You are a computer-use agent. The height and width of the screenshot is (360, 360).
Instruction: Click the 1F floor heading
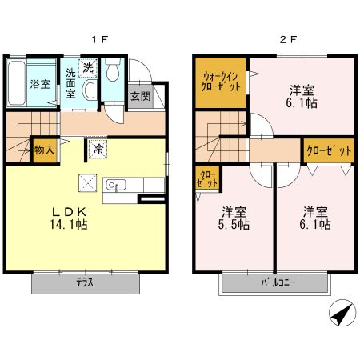(x=100, y=40)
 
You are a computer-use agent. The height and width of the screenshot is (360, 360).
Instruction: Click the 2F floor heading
(x=288, y=40)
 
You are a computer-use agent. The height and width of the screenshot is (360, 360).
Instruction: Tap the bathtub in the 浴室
(x=16, y=83)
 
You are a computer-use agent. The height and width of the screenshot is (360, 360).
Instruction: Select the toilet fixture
(x=113, y=70)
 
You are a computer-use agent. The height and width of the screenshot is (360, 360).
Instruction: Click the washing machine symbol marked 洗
(x=88, y=68)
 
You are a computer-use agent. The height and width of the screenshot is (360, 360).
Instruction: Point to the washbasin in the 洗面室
(x=90, y=90)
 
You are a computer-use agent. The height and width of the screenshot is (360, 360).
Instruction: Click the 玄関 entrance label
(x=141, y=96)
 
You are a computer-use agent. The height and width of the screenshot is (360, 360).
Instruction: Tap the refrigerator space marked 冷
(x=98, y=149)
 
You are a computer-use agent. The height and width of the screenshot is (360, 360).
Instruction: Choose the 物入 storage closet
(x=44, y=150)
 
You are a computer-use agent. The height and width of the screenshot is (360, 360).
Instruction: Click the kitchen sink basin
(x=116, y=185)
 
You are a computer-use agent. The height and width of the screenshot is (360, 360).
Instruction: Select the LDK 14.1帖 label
(x=69, y=218)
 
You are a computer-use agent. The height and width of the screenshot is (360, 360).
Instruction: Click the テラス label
(x=85, y=282)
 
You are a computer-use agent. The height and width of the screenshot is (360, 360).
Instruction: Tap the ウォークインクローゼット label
(x=221, y=82)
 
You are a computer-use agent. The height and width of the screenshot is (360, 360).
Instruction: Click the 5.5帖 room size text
(x=234, y=225)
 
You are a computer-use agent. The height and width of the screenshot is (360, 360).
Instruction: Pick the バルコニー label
(x=278, y=282)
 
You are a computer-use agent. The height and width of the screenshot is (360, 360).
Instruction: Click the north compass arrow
(x=342, y=313)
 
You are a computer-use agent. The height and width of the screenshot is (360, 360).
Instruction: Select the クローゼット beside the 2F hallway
(x=329, y=150)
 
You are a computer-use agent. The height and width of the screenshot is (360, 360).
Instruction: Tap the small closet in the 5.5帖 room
(x=207, y=178)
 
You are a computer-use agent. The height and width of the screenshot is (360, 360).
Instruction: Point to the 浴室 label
(x=40, y=84)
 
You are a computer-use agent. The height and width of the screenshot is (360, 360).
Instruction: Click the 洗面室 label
(x=70, y=83)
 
